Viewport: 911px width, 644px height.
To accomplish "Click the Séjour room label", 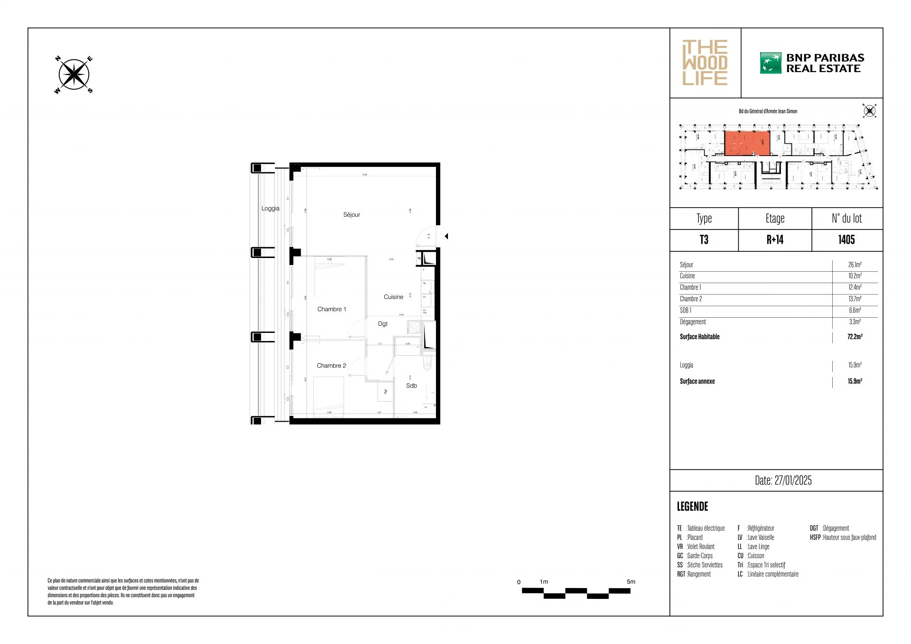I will click(352, 215).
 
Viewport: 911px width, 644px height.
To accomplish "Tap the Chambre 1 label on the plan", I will click(332, 309).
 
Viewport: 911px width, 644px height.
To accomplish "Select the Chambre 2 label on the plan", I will click(331, 366).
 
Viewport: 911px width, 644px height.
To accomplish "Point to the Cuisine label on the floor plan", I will click(393, 297).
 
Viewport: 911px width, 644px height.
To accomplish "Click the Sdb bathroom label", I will click(411, 386).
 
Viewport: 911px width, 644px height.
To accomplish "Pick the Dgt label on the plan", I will click(382, 324).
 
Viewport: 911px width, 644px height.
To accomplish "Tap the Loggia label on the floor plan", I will click(270, 208).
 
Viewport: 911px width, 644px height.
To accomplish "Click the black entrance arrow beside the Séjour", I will click(446, 236).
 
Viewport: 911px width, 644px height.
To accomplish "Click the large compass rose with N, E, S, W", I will click(74, 75).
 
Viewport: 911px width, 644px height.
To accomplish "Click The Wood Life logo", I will click(705, 63).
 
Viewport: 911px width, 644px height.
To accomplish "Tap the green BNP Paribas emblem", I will click(770, 63).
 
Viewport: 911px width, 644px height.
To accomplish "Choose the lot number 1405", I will click(846, 240).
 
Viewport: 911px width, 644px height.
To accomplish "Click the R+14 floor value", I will click(774, 240).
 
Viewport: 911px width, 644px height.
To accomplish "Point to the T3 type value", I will click(704, 240).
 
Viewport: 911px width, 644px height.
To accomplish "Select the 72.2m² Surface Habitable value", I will click(855, 337).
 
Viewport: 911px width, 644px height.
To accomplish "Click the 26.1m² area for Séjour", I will click(855, 265).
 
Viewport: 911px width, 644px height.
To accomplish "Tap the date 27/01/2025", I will click(783, 480).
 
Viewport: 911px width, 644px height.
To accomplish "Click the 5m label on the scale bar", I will click(631, 581).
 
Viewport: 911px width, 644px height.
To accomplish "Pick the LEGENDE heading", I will click(692, 506).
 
